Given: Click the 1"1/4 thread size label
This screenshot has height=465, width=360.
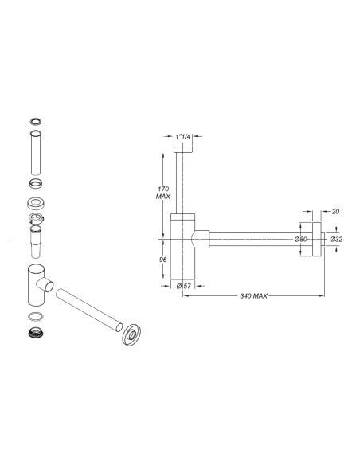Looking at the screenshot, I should click(184, 137).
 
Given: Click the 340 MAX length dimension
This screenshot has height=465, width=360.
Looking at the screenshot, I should click(252, 296).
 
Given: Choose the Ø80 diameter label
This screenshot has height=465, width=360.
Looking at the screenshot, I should click(301, 238).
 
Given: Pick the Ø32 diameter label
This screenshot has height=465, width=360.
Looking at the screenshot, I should click(337, 238).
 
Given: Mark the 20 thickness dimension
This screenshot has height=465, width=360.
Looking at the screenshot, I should click(335, 213).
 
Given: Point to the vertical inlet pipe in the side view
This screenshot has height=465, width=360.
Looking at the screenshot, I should click(184, 179).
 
